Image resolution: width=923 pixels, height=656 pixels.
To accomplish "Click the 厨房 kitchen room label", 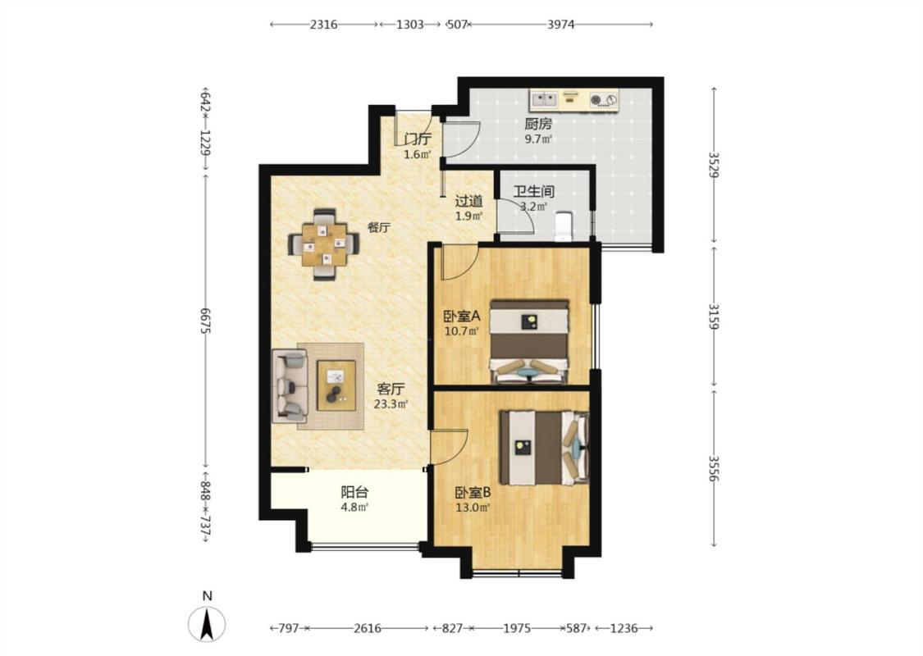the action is pos(538,124).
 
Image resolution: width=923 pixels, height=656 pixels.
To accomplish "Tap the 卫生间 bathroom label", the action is pos(533,192).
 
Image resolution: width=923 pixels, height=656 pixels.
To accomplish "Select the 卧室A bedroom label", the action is pos(461,316).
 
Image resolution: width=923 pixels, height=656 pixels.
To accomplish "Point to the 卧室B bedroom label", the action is pos(473,493).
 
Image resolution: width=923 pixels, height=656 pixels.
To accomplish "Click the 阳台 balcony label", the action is pos(354,492).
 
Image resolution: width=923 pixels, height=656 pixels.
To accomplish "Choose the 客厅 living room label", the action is pos(391,389).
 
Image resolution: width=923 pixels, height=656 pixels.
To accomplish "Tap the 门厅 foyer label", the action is pos(418,139).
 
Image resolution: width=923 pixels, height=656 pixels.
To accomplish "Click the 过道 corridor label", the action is pos(469,201).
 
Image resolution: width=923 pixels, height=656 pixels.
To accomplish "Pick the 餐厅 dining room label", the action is pos(379,228).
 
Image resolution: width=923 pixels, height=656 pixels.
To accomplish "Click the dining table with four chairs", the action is pos(323,244).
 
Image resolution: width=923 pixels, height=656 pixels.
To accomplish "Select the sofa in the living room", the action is pos(290,386).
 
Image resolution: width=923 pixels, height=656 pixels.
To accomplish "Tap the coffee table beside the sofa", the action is pos(336,385).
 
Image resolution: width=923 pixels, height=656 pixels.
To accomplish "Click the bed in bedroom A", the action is pos(529,343).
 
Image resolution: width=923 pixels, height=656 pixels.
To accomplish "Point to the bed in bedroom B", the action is pos(544,448).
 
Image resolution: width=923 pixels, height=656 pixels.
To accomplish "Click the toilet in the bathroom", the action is pos(564,226).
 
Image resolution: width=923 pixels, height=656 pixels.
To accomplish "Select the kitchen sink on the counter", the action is pos(544,99).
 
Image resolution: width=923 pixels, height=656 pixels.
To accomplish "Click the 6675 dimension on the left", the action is pos(206,321).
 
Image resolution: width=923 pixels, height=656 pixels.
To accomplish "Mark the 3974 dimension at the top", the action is pos(561,25).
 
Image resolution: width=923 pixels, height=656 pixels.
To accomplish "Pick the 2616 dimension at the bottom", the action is pos(368,628).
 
